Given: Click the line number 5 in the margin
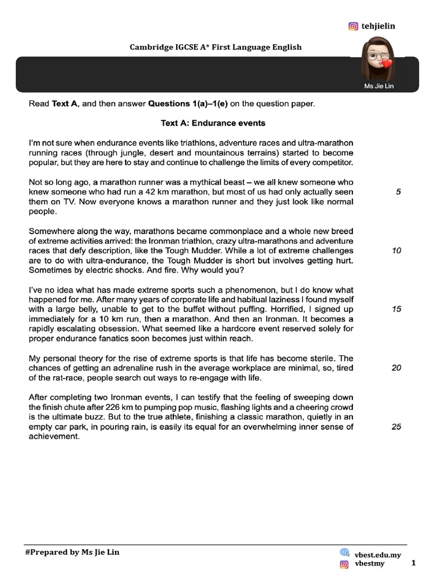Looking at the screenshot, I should tap(398, 192).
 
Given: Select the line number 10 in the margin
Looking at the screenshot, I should tap(396, 250).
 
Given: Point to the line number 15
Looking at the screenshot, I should tap(396, 309).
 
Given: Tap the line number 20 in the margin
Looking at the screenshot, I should tap(396, 368).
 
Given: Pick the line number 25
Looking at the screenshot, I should tap(396, 427).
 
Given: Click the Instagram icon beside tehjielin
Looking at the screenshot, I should tap(353, 26).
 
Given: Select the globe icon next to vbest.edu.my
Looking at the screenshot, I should tap(345, 553).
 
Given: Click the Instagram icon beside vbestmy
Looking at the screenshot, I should tap(345, 564).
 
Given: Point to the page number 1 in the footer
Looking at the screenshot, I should tap(414, 563).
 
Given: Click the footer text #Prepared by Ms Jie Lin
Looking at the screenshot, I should tap(72, 552).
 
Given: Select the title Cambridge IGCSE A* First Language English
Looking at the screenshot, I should tap(215, 47).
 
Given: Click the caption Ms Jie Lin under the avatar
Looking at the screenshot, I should tap(379, 86).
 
